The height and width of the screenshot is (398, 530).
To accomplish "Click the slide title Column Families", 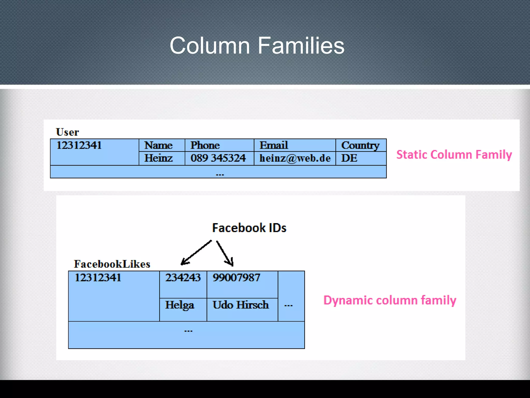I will (x=257, y=46).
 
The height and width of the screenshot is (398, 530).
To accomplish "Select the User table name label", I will (x=67, y=132).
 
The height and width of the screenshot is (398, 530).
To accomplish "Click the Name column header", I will (x=158, y=145).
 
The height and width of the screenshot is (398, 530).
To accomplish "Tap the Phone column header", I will (x=205, y=145).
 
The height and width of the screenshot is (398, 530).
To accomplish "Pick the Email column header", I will (x=274, y=145).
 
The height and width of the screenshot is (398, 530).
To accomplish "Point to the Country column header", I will (x=360, y=145).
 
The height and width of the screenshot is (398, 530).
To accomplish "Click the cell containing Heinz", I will (x=158, y=158).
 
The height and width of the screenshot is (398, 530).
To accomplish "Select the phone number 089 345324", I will (x=218, y=158).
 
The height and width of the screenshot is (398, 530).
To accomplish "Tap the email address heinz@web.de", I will (x=295, y=158).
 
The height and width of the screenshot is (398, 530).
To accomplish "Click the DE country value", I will (x=349, y=158).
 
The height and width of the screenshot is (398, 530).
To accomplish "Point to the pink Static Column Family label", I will (x=454, y=155).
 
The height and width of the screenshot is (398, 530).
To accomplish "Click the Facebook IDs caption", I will (x=249, y=228).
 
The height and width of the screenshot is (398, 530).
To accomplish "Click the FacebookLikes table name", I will (x=112, y=264).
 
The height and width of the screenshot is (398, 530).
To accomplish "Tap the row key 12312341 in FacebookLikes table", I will (x=98, y=278).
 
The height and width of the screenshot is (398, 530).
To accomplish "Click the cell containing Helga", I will (x=180, y=305).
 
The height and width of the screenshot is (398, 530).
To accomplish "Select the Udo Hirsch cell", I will (x=241, y=305).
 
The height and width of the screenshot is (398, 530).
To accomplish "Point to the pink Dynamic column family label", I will (x=390, y=301).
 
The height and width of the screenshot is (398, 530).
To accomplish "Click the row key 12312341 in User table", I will (x=79, y=145).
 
